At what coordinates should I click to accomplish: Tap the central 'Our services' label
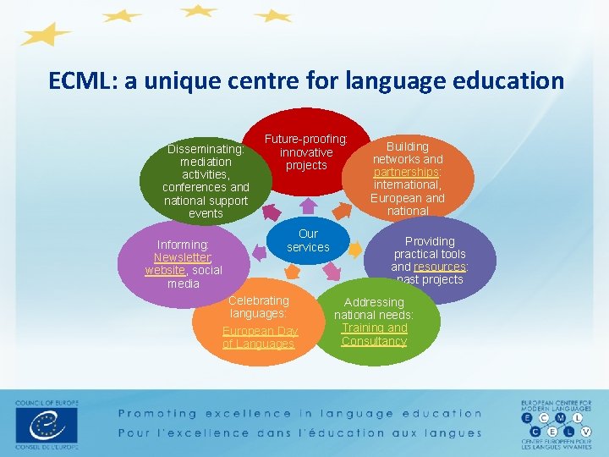click(308, 240)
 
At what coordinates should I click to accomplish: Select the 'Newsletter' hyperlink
click(183, 258)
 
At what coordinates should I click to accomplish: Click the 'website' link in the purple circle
click(164, 271)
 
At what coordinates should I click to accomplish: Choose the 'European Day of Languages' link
click(260, 337)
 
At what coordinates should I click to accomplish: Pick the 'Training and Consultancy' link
click(374, 334)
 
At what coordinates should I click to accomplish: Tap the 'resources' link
click(439, 267)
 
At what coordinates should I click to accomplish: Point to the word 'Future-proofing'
click(306, 139)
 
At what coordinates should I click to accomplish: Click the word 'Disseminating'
click(206, 149)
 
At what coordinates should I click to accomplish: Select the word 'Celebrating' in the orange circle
click(259, 300)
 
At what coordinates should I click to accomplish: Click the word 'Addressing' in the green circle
click(374, 302)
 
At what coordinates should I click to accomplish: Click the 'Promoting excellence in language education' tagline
click(299, 414)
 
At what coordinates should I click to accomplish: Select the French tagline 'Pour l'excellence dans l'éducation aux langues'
click(299, 432)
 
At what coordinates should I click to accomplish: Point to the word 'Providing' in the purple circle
click(430, 241)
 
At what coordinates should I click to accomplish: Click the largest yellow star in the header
click(47, 35)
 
